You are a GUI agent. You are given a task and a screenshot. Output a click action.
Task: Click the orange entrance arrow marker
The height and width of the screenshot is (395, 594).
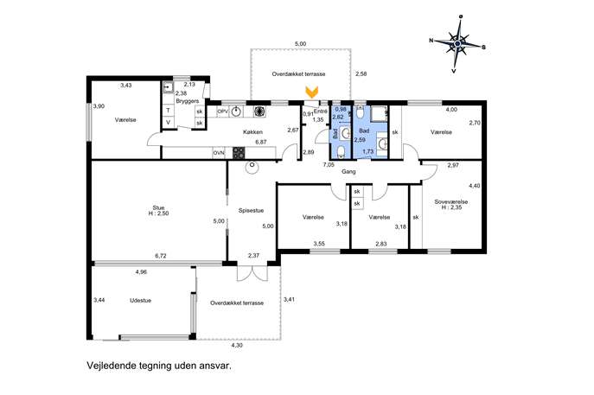[312, 92]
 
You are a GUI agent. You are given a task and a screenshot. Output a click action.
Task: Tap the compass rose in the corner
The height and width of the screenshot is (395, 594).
[457, 44]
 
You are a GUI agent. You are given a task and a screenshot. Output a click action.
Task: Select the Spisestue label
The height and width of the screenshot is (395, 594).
[251, 211]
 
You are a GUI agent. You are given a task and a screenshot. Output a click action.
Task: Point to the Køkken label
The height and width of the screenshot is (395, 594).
[252, 132]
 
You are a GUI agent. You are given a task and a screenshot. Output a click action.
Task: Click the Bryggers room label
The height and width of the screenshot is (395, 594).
[187, 101]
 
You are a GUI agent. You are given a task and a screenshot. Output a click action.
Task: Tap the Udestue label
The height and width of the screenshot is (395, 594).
[141, 300]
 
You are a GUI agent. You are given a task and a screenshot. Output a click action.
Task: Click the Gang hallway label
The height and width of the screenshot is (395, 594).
[348, 171]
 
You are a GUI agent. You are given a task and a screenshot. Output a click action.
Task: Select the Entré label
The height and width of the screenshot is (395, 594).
[321, 111]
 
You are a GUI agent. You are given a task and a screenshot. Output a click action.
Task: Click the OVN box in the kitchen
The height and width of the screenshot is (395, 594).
[219, 153]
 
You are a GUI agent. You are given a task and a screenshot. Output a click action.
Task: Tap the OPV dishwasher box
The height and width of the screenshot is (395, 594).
[222, 111]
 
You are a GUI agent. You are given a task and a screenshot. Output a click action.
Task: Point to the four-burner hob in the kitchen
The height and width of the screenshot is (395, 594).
[239, 153]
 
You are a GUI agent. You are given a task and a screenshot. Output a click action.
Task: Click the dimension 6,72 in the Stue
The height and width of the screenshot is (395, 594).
[161, 256]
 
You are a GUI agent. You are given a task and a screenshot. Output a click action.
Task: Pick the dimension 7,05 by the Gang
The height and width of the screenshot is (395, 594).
[329, 165]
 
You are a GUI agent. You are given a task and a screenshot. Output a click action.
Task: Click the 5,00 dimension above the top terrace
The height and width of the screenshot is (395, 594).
[300, 44]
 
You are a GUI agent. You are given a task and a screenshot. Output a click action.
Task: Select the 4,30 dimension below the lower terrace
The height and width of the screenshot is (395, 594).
[237, 346]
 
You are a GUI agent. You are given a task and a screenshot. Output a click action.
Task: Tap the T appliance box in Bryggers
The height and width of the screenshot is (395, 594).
[169, 111]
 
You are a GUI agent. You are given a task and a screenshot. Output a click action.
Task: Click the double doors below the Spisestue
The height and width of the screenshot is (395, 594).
[252, 271]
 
